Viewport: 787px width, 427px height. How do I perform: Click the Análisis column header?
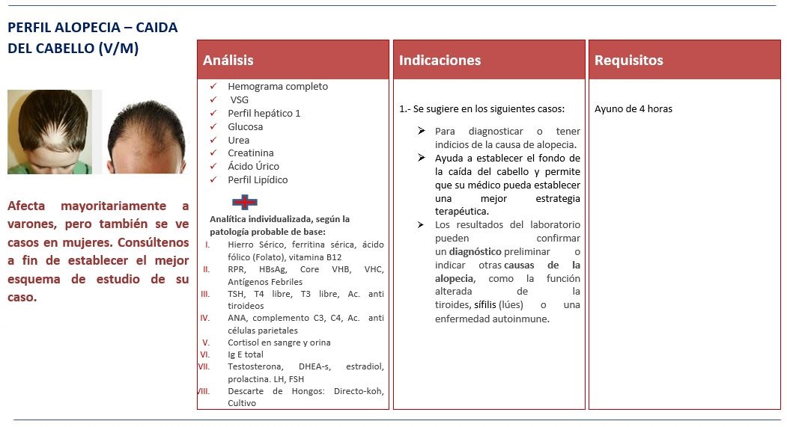click(x=228, y=61)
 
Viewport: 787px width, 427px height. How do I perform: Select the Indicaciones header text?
click(x=440, y=61)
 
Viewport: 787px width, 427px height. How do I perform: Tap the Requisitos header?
click(x=629, y=61)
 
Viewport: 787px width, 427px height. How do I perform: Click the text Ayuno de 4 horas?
click(x=633, y=108)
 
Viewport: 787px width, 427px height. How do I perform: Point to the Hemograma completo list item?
click(x=278, y=87)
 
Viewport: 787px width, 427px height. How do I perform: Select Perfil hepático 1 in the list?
click(x=264, y=114)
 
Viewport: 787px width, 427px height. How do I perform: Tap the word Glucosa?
click(x=246, y=127)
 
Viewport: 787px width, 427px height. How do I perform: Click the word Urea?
click(x=239, y=141)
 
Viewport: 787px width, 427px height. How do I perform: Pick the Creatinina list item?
click(x=251, y=153)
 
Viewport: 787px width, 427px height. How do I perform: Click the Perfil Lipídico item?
click(x=258, y=180)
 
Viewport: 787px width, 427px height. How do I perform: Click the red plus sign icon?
click(x=245, y=202)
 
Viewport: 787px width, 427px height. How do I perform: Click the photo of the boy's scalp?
click(x=49, y=132)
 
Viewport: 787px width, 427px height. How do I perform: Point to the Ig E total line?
click(x=246, y=354)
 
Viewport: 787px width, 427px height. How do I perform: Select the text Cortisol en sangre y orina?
click(x=279, y=342)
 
